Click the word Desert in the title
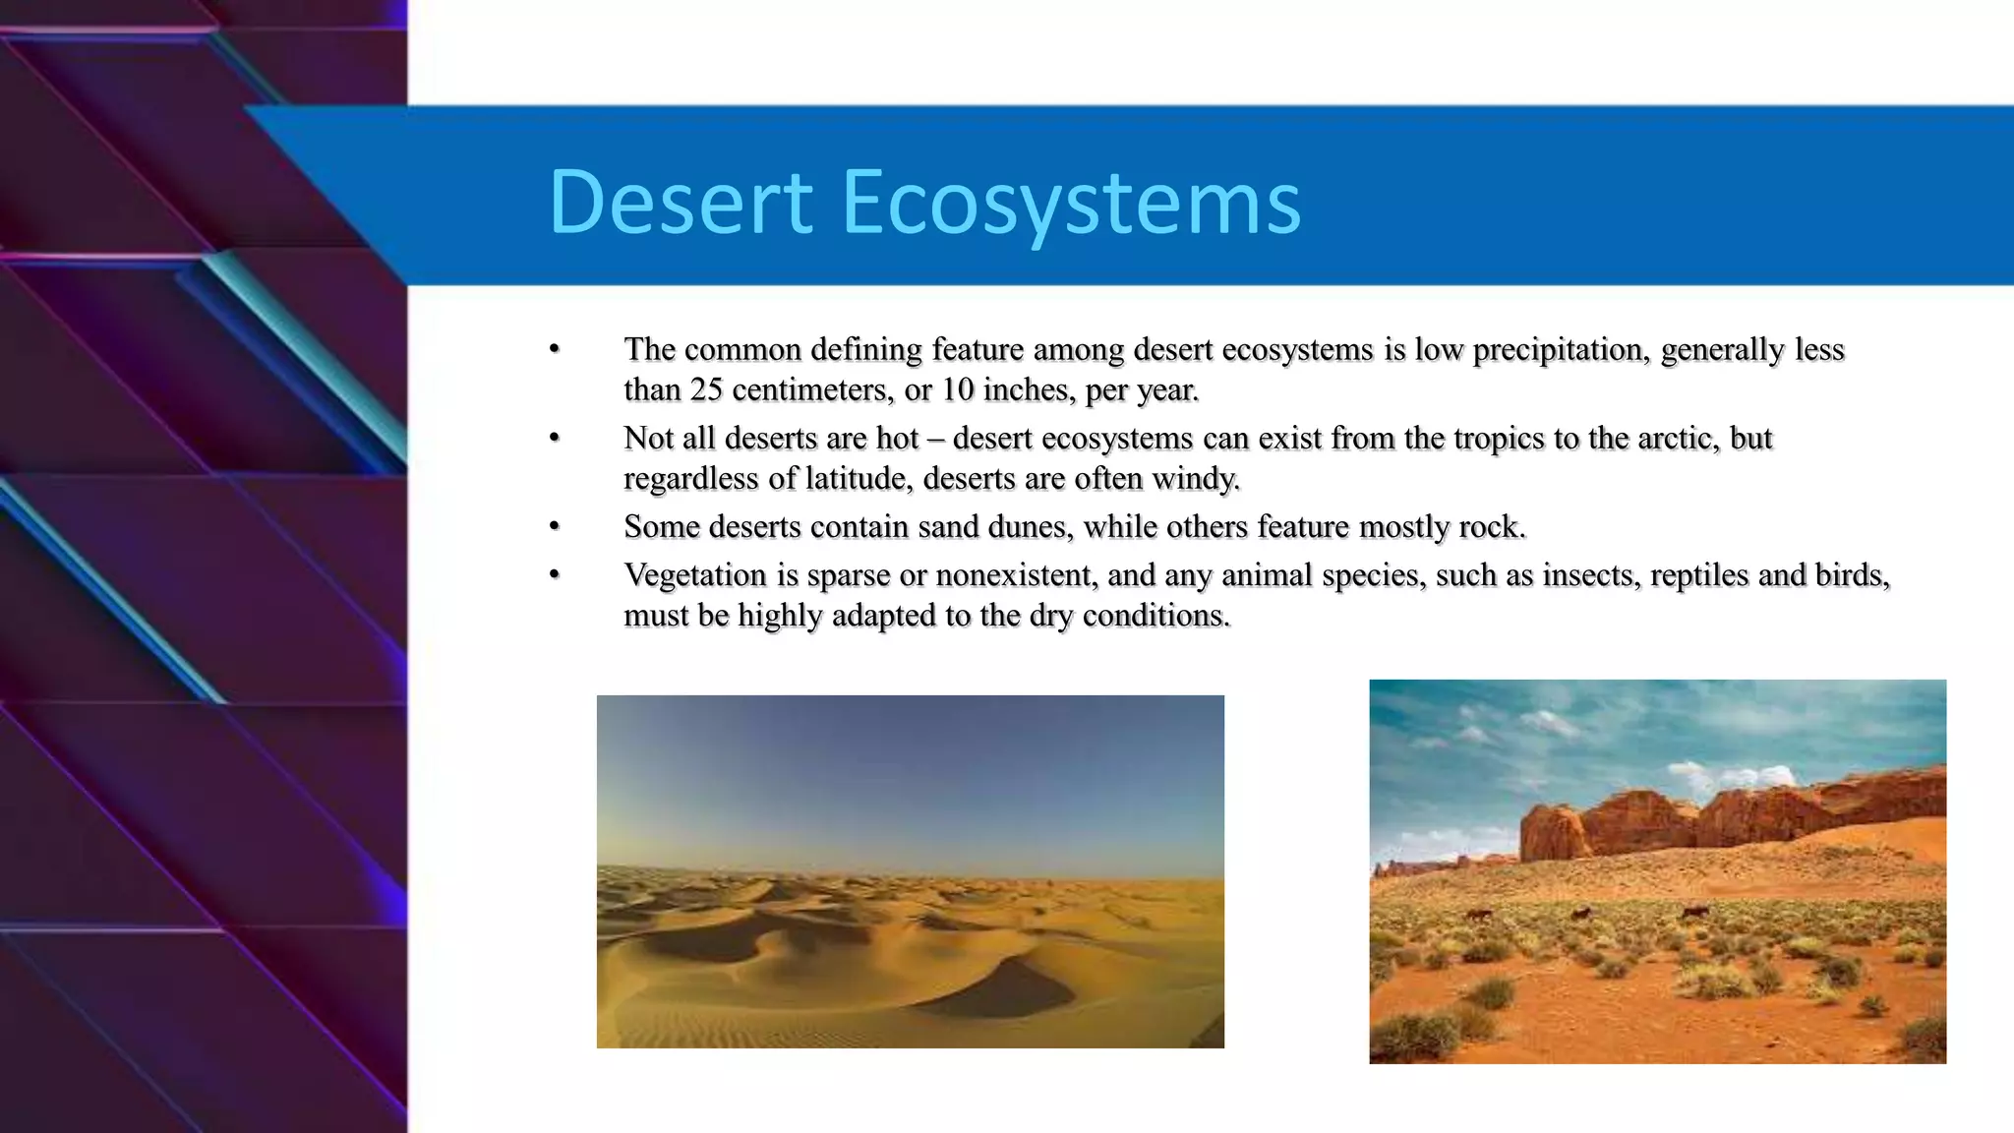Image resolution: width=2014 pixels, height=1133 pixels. point(680,203)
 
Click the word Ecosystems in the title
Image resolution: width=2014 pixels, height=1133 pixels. point(1071,203)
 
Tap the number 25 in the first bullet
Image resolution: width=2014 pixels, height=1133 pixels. point(706,390)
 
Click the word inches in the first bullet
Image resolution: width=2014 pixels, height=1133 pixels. point(1029,390)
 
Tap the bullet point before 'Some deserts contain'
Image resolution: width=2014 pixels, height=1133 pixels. point(555,527)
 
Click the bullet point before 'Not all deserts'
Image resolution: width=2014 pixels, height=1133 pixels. point(555,439)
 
